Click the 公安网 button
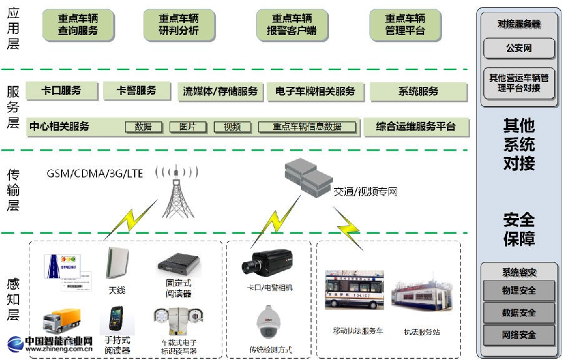coord(518,48)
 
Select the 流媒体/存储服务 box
coord(220,92)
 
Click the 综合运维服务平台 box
coord(416,127)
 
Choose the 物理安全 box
coord(518,291)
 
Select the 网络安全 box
coord(518,335)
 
